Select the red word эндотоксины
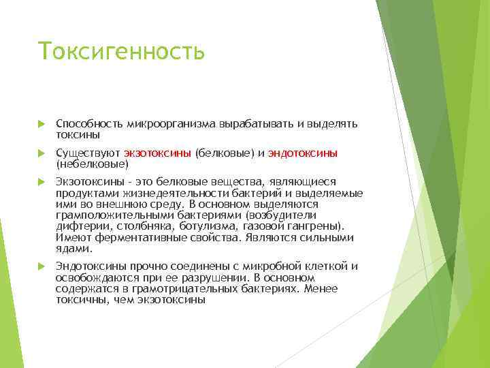pos(303,153)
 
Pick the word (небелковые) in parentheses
pos(92,164)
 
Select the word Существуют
pos(88,153)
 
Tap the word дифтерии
pos(78,226)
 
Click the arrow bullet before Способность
pos(41,124)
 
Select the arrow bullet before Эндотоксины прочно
pos(41,266)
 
